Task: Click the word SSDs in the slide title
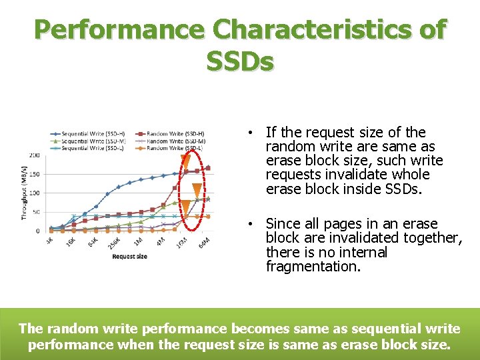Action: pos(240,61)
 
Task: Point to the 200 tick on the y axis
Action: pos(33,155)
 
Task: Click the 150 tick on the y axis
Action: pos(33,175)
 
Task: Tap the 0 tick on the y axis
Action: pos(37,231)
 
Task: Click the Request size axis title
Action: pos(129,256)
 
